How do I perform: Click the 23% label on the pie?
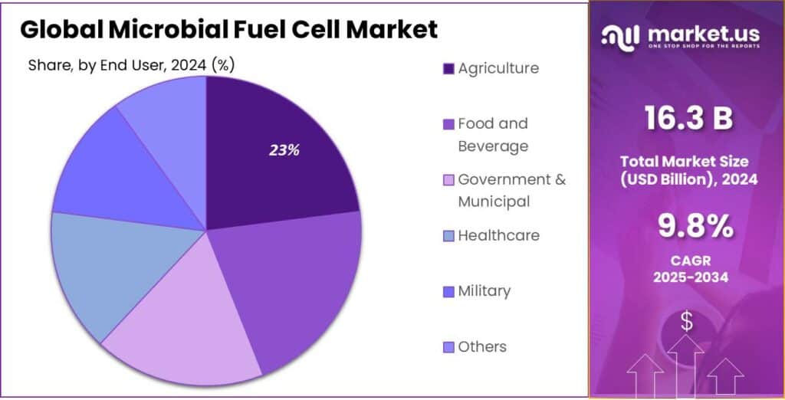coord(284,150)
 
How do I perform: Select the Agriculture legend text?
coord(498,68)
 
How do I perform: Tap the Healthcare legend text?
coord(498,235)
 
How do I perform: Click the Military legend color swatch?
coord(448,292)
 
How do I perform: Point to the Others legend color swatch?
coord(448,347)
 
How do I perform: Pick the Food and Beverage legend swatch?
coord(448,124)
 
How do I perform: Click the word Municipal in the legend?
coord(494,202)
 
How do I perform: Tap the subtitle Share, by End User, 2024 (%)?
coord(131,65)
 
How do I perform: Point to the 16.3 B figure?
coord(688,120)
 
